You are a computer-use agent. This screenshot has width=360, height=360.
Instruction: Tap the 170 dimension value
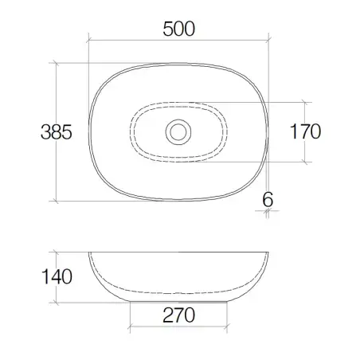[x=304, y=131]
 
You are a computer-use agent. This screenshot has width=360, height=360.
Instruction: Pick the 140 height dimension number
[x=57, y=276]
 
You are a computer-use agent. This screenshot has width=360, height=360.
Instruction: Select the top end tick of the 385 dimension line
[x=55, y=63]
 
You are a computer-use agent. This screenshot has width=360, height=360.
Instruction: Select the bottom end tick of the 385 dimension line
[x=55, y=199]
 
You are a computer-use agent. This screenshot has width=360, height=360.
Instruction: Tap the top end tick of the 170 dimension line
[x=305, y=102]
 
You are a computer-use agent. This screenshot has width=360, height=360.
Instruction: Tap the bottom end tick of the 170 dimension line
[x=305, y=161]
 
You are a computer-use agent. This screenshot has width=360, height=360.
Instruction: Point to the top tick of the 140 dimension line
[x=55, y=252]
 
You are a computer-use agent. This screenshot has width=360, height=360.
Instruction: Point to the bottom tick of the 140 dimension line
[x=55, y=303]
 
